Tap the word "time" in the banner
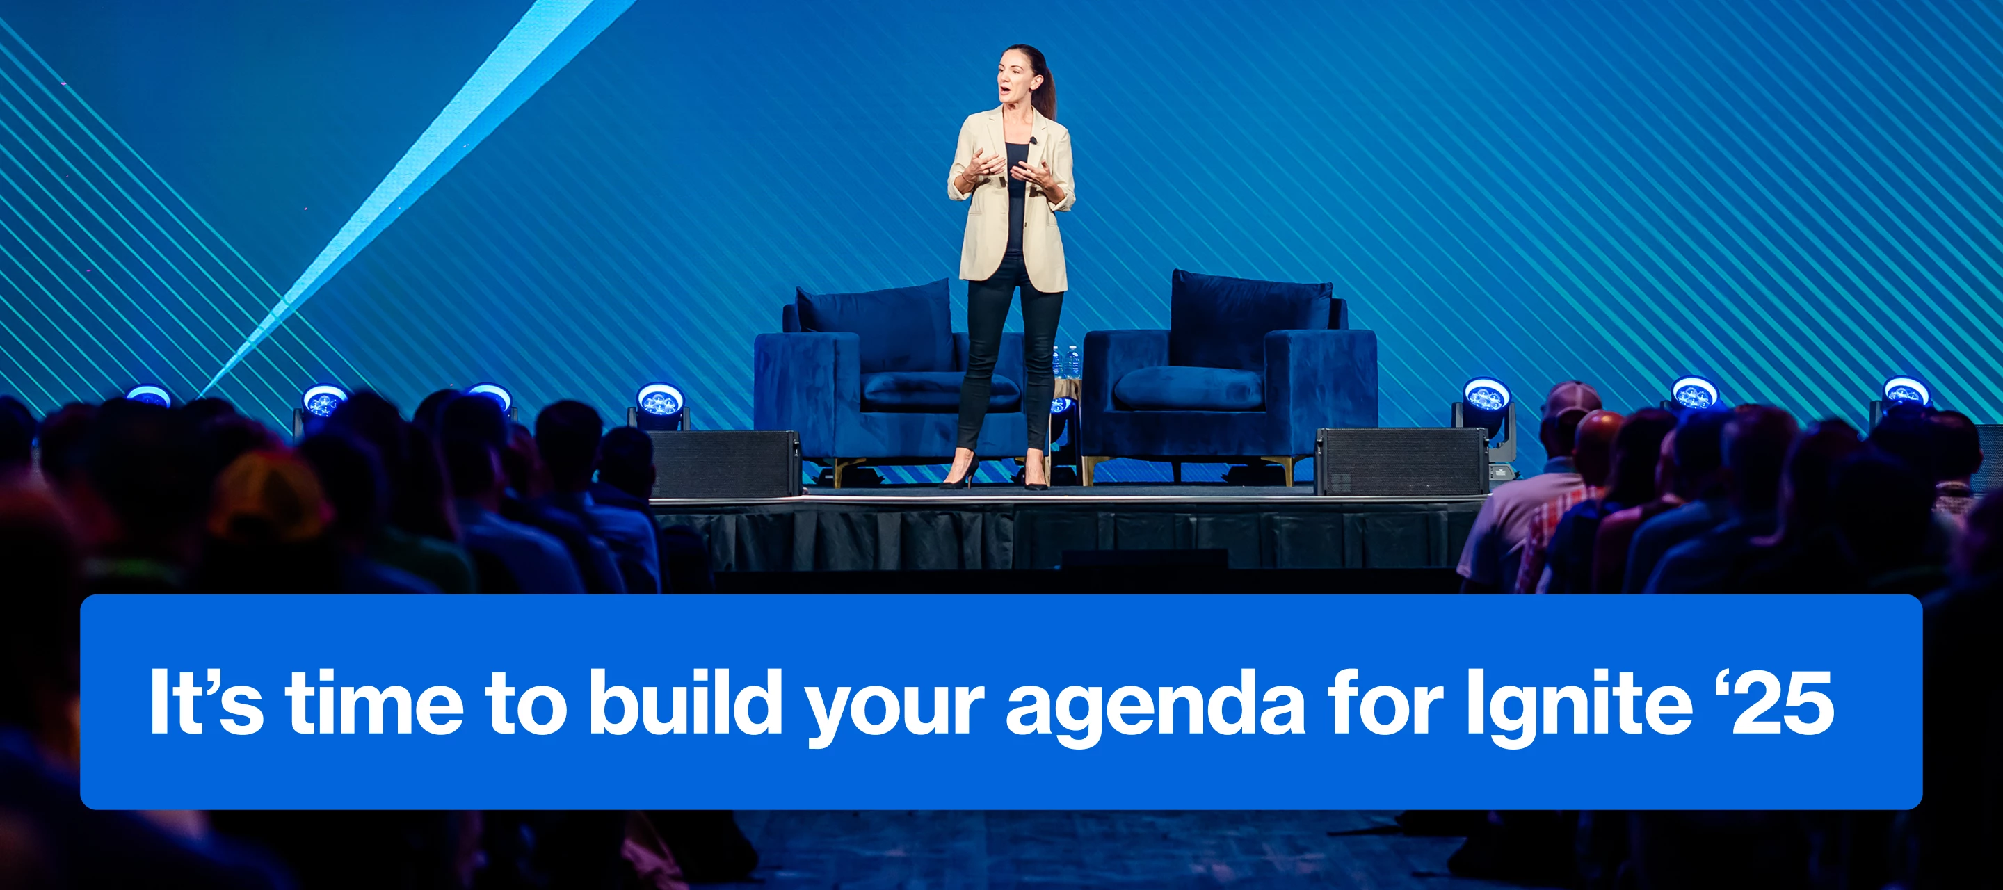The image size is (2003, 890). pos(374,701)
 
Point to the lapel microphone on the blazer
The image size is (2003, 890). pos(1033,140)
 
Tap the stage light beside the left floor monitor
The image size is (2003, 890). pos(659,403)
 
